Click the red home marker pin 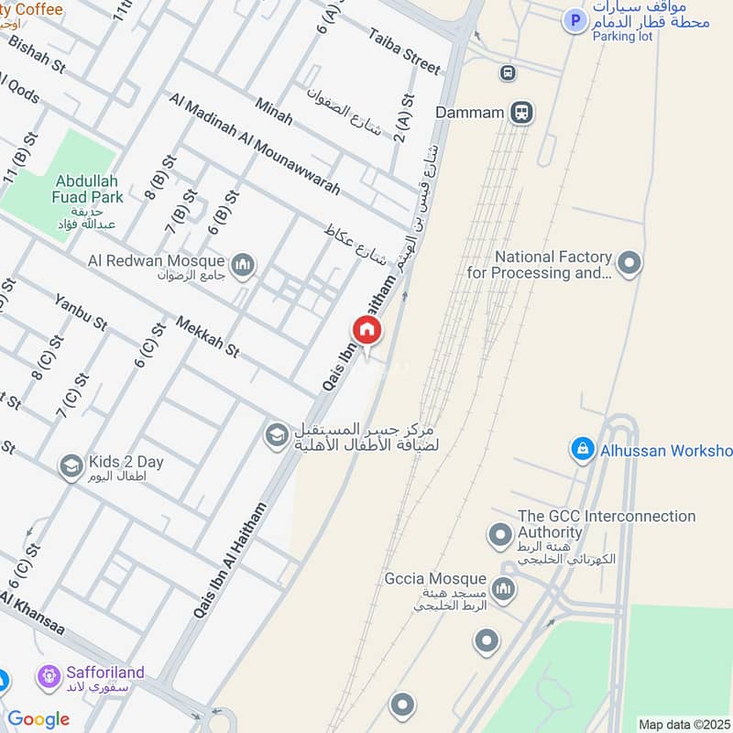coord(366,331)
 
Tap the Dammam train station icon coord(521,113)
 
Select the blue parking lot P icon coord(574,20)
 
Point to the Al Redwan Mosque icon coord(243,266)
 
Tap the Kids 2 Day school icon coord(71,467)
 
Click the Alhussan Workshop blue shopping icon coord(581,449)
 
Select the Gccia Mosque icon coord(501,586)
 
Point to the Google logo coord(38,719)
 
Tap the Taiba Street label coord(405,50)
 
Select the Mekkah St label coord(206,338)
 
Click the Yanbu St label coord(81,312)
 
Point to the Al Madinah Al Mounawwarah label coord(255,143)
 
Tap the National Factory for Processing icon coord(629,264)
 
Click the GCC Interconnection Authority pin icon coord(500,533)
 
